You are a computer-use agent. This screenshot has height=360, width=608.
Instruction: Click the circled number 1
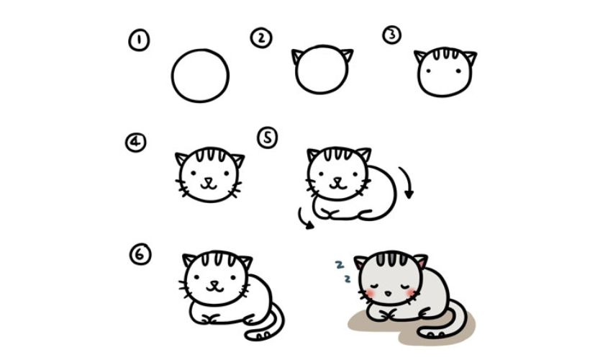[139, 40]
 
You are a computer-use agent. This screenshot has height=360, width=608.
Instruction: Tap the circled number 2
[261, 38]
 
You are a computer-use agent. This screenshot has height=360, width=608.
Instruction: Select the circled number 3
[391, 35]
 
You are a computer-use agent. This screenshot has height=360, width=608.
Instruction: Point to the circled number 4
[136, 143]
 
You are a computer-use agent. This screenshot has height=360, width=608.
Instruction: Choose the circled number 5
[268, 138]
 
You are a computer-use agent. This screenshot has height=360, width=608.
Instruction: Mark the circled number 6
[140, 254]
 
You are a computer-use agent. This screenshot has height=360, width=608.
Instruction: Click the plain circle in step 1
[201, 49]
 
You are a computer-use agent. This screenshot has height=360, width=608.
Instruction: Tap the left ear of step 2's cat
[296, 56]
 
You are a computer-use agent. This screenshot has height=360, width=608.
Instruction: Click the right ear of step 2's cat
[347, 55]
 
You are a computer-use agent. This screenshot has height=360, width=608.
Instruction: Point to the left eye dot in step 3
[428, 71]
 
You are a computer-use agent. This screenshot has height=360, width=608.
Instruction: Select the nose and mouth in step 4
[209, 184]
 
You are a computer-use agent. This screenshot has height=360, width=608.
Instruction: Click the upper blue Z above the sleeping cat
[340, 265]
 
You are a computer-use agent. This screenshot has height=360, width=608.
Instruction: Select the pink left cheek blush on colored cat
[370, 293]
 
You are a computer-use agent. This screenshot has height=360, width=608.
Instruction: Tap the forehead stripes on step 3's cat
[446, 53]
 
